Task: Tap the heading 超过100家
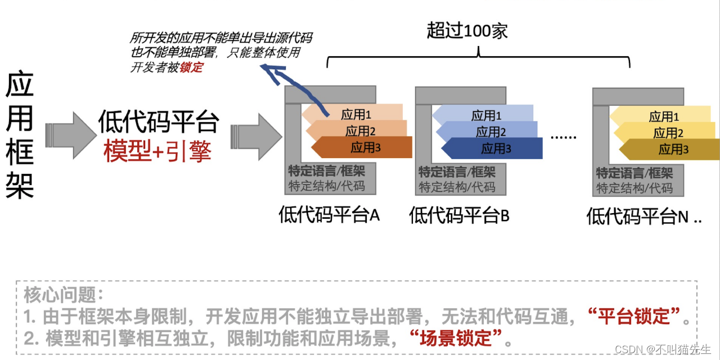(x=467, y=30)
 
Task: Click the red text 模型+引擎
(x=157, y=150)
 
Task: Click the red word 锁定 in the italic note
(x=192, y=67)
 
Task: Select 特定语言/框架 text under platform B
(x=457, y=172)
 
